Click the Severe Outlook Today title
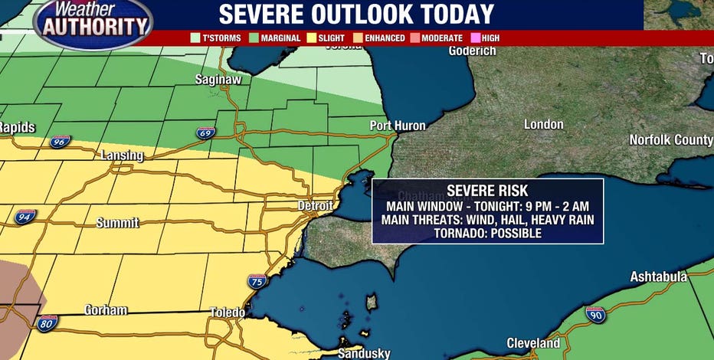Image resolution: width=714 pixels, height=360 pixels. pos(356,15)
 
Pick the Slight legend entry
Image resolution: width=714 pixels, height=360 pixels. pos(328,38)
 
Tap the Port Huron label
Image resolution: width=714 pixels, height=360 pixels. pos(398,126)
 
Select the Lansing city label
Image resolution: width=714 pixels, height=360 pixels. pos(122,155)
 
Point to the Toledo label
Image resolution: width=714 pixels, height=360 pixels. pos(228,313)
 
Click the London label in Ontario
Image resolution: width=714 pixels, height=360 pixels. pos(543,124)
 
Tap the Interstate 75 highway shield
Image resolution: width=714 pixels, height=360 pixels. pos(257,281)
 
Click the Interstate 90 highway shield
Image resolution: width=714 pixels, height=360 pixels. pos(594,313)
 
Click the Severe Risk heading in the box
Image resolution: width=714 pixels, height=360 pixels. pos(487,191)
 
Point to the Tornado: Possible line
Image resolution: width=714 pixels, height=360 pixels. pos(487,232)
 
